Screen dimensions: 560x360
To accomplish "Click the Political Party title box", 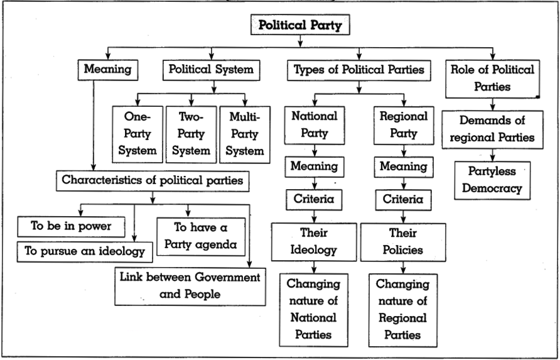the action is [x=300, y=25].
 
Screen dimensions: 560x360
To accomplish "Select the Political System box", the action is [x=212, y=70].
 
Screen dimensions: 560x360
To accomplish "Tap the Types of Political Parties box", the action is [x=359, y=70].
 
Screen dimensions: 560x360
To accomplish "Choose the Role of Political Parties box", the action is [x=492, y=79].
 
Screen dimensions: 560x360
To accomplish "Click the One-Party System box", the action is [x=137, y=134].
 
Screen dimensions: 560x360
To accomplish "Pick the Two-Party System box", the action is [x=191, y=134].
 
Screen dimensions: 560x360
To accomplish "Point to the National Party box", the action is [x=315, y=126].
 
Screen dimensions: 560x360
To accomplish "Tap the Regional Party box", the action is [x=404, y=126].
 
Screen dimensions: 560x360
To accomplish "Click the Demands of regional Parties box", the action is [x=492, y=129].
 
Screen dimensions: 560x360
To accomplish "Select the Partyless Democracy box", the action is [x=492, y=180].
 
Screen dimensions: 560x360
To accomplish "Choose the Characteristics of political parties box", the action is [x=153, y=181].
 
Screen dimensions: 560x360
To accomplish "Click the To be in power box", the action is [x=71, y=227].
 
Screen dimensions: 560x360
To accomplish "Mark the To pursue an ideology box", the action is [x=85, y=252].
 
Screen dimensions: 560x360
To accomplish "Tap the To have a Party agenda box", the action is [x=201, y=237].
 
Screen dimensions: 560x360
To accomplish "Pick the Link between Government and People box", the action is [x=190, y=286].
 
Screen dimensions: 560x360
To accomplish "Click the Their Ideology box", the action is [x=314, y=242].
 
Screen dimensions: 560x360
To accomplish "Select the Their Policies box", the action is [x=403, y=243].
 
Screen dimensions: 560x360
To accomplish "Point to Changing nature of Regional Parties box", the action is [x=403, y=310].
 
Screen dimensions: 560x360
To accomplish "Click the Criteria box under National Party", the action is [x=314, y=200].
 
